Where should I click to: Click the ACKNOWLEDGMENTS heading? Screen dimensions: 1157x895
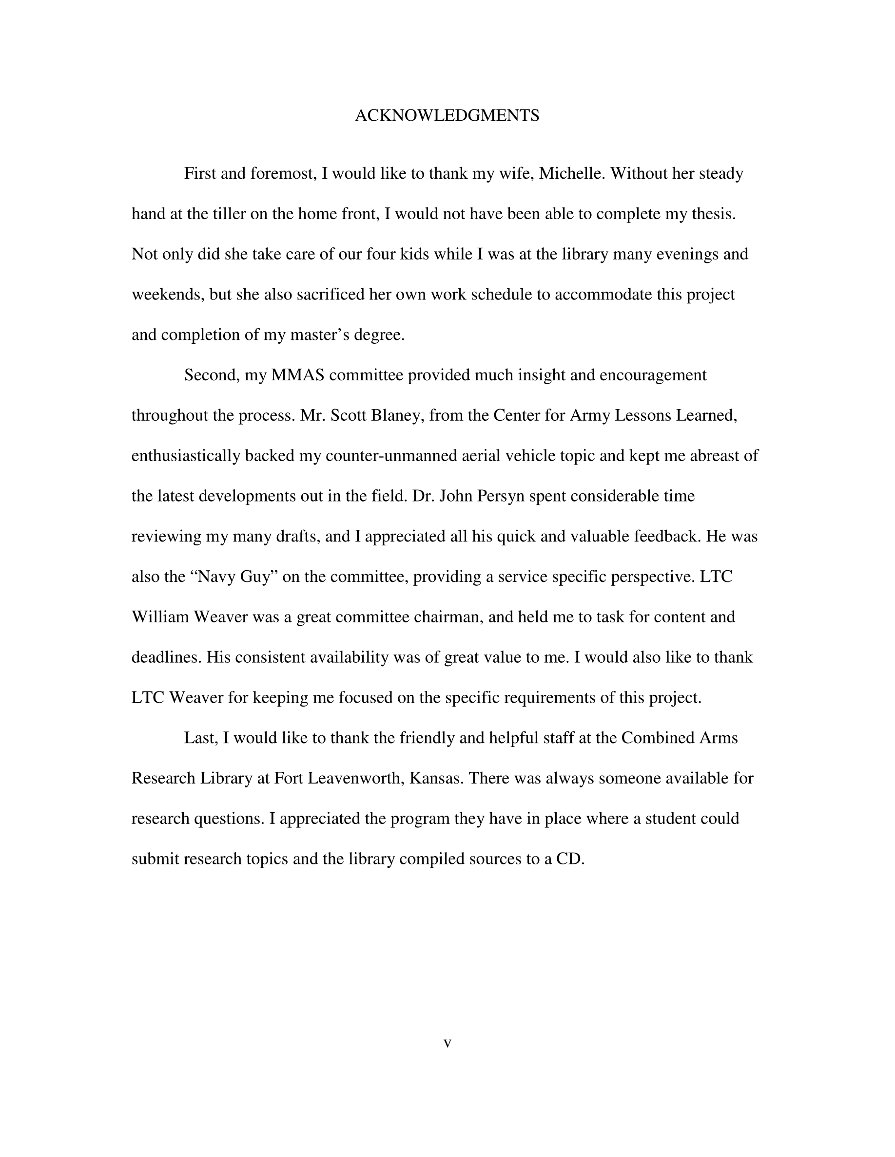[x=447, y=115]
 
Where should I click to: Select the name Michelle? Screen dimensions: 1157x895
[x=571, y=174]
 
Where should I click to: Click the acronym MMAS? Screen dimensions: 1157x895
[x=297, y=375]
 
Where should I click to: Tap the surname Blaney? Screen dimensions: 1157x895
[x=397, y=415]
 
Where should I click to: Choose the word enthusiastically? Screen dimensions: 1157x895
[x=186, y=456]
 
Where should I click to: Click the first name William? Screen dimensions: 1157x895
[x=160, y=617]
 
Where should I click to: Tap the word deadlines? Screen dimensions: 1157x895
[x=166, y=657]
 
